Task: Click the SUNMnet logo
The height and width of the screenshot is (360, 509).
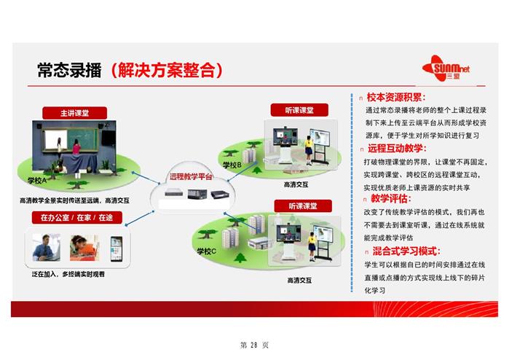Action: click(446, 69)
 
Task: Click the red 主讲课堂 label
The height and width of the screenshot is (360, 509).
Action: click(75, 113)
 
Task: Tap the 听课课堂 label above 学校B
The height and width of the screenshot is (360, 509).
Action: click(299, 110)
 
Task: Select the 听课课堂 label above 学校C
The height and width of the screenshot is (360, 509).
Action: click(303, 206)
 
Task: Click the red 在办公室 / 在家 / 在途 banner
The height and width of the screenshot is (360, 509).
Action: click(77, 217)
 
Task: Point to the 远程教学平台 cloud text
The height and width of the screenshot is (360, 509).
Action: click(191, 177)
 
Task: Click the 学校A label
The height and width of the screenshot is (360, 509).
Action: click(37, 180)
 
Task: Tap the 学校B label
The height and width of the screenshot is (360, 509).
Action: click(232, 165)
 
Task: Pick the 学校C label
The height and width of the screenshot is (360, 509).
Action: click(207, 251)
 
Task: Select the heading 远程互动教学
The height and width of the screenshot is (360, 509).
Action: click(397, 149)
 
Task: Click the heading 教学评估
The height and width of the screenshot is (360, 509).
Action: click(391, 198)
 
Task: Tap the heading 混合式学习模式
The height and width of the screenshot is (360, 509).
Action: click(406, 251)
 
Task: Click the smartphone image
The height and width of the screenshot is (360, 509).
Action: click(117, 249)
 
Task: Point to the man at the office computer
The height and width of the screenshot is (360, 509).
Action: click(46, 248)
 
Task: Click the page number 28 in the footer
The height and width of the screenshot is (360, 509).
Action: click(254, 345)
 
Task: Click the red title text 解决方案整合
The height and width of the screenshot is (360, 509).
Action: click(167, 69)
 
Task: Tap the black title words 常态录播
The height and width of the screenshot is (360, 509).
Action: click(70, 69)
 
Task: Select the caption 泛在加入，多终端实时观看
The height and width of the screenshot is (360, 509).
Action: click(68, 274)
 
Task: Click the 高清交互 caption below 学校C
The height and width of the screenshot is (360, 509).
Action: click(299, 280)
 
